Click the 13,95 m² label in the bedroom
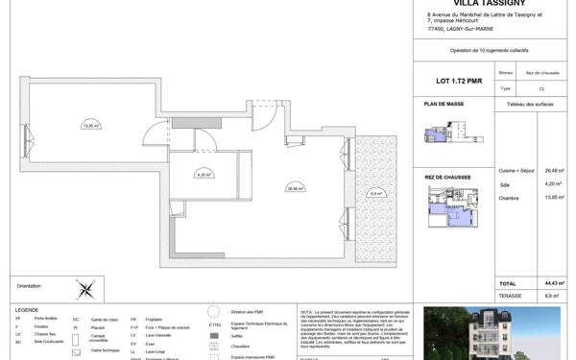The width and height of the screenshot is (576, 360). coord(90,125)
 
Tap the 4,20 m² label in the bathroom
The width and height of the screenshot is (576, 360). coord(203,175)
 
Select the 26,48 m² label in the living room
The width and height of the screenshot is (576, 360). coord(295,188)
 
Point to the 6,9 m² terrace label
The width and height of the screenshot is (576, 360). coord(375,193)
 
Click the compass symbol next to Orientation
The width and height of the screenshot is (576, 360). coord(85,287)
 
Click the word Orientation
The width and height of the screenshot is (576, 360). coord(31,286)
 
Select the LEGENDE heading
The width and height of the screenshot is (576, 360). coord(27,310)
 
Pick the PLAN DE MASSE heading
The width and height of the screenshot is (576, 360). coord(444,103)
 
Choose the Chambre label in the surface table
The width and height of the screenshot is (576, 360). coord(509,199)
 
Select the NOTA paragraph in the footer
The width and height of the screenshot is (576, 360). coord(355,332)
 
